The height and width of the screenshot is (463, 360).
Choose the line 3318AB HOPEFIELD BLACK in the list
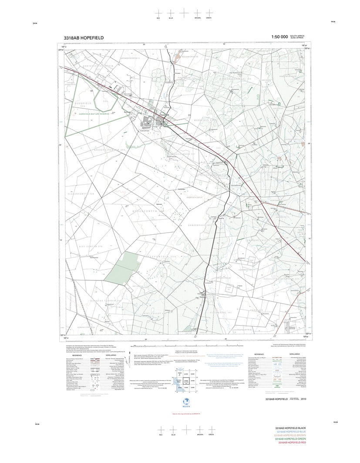point(294,429)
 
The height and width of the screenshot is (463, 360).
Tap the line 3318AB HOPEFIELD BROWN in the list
point(294,436)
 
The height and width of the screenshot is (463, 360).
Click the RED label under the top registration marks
point(159,19)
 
